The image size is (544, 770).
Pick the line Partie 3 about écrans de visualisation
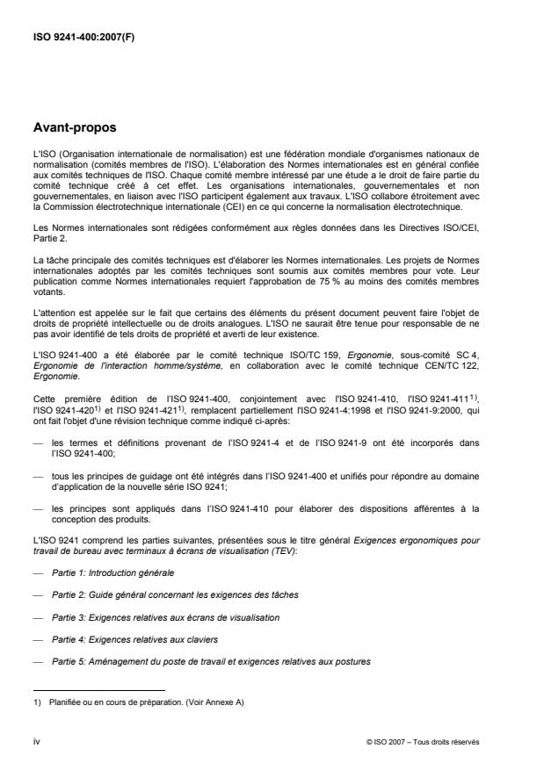(x=166, y=618)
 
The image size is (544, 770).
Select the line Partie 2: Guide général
(x=175, y=595)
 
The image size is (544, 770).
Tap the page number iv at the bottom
(x=36, y=742)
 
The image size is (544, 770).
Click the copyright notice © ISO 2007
(x=423, y=743)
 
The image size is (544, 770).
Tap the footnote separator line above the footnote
(x=99, y=690)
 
